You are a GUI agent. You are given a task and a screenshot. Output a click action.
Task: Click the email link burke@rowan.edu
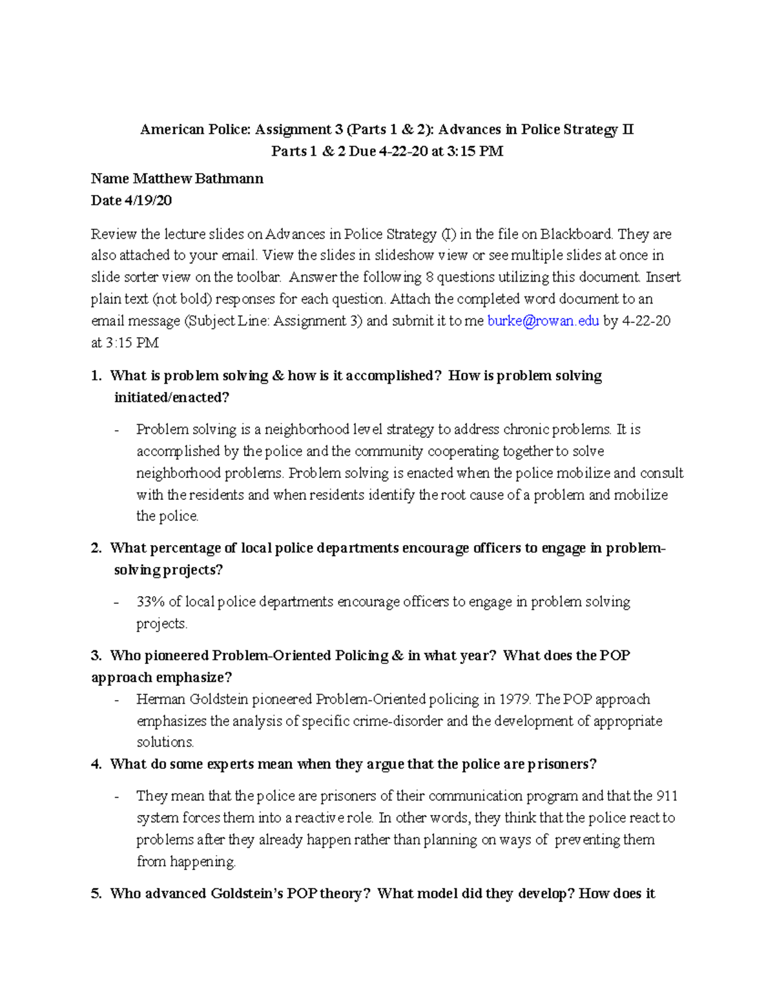[x=543, y=321]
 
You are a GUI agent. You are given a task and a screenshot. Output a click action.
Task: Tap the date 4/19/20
[x=148, y=201]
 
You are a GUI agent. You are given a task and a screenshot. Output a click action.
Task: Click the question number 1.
[x=96, y=376]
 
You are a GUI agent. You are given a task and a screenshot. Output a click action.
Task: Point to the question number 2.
[x=96, y=548]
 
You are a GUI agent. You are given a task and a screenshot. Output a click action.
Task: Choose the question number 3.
[x=96, y=656]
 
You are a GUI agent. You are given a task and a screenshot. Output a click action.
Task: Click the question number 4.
[x=96, y=765]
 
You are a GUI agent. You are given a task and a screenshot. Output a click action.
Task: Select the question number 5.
[x=96, y=894]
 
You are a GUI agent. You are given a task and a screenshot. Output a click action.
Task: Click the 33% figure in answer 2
[x=150, y=602]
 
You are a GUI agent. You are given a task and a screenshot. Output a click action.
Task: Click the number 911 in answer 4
[x=666, y=796]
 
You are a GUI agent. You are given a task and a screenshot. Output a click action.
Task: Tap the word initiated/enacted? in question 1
[x=171, y=398]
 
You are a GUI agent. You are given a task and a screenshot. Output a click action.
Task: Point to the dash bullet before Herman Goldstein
[x=116, y=700]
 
